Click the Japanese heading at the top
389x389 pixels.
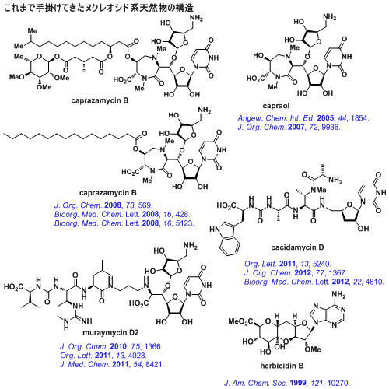point(99,8)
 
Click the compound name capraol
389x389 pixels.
point(275,106)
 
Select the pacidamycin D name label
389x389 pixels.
point(297,247)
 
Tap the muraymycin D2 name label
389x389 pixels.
point(110,332)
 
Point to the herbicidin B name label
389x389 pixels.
point(282,366)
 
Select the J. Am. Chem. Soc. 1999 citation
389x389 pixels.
point(287,383)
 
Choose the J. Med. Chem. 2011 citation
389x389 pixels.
point(112,364)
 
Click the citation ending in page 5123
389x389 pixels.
point(124,223)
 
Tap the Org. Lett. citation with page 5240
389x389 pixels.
point(288,264)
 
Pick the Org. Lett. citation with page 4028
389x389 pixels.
point(103,356)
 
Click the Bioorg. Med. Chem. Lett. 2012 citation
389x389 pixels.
point(314,282)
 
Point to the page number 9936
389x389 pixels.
point(331,127)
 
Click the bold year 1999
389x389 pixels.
point(298,383)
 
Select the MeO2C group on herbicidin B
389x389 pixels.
point(240,322)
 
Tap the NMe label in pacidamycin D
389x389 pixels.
point(318,190)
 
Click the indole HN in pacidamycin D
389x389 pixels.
point(215,230)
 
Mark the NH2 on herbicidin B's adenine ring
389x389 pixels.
point(338,295)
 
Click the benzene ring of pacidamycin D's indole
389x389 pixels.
point(230,245)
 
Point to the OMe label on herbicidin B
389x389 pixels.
point(313,349)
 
